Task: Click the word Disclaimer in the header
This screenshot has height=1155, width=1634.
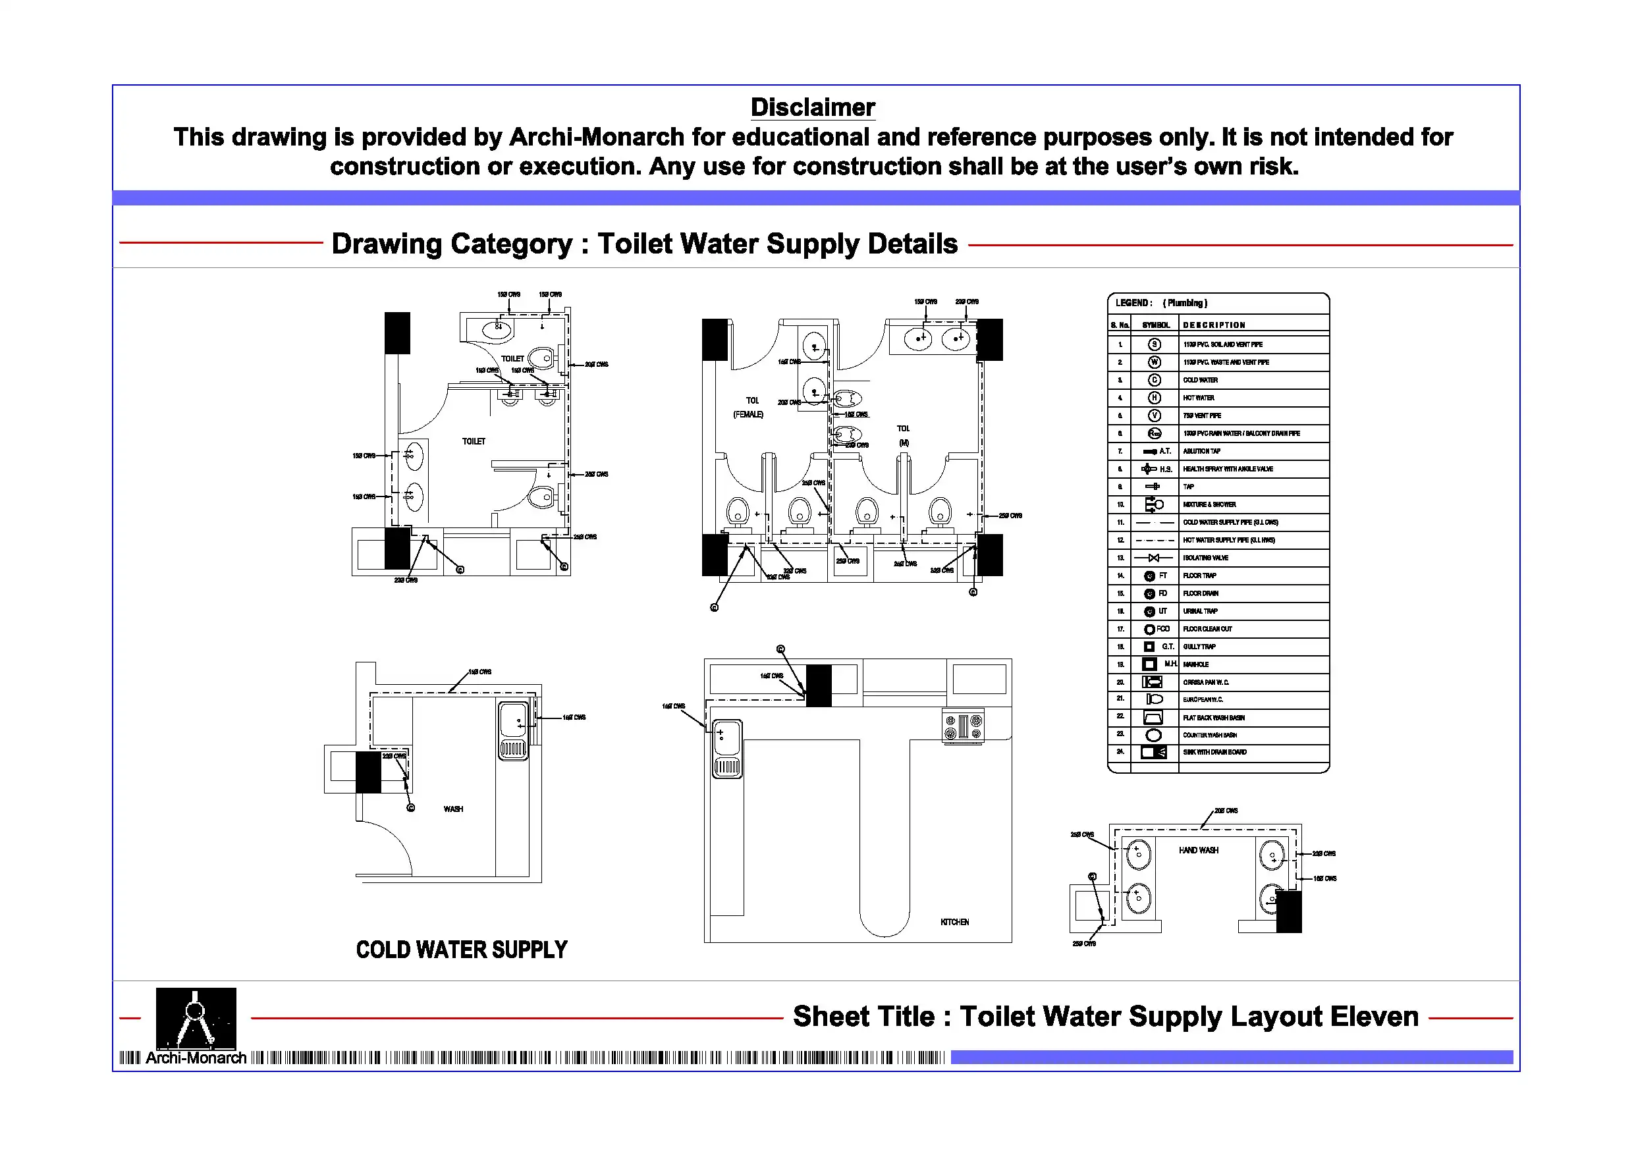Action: [812, 107]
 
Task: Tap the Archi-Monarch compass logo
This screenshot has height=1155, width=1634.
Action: [196, 1017]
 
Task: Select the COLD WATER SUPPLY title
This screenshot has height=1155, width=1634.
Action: [461, 950]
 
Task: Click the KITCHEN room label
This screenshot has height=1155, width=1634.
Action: [954, 923]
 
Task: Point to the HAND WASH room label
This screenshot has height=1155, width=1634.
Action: [1198, 850]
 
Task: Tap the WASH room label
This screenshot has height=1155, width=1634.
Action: [453, 809]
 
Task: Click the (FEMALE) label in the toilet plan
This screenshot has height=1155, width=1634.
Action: [748, 414]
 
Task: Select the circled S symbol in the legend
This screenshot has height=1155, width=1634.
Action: [1155, 344]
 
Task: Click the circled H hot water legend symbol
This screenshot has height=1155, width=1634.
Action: [1155, 398]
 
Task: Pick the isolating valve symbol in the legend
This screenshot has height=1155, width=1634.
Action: [1154, 558]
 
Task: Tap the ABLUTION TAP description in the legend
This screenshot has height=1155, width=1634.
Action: [1201, 451]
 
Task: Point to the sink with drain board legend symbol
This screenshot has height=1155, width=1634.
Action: [1154, 752]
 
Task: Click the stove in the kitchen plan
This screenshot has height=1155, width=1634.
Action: [963, 726]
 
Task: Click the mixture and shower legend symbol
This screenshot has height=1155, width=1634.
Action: [1154, 504]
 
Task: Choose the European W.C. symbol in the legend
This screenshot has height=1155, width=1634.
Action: [1154, 699]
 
